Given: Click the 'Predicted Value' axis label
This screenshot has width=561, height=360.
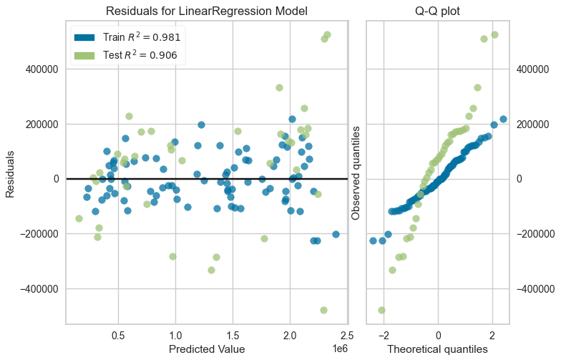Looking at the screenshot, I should pyautogui.click(x=207, y=349).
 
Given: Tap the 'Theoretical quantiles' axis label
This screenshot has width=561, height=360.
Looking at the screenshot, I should pyautogui.click(x=438, y=349).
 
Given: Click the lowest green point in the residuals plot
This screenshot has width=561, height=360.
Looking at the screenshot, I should pyautogui.click(x=323, y=310).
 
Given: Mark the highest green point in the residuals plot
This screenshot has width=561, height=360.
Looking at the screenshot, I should pyautogui.click(x=327, y=34).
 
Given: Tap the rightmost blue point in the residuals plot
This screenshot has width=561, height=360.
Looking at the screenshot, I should pyautogui.click(x=336, y=234).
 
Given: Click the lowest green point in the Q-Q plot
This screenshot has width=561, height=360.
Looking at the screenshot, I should pyautogui.click(x=381, y=310).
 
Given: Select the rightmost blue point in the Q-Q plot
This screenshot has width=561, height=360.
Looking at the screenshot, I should pyautogui.click(x=503, y=119).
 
